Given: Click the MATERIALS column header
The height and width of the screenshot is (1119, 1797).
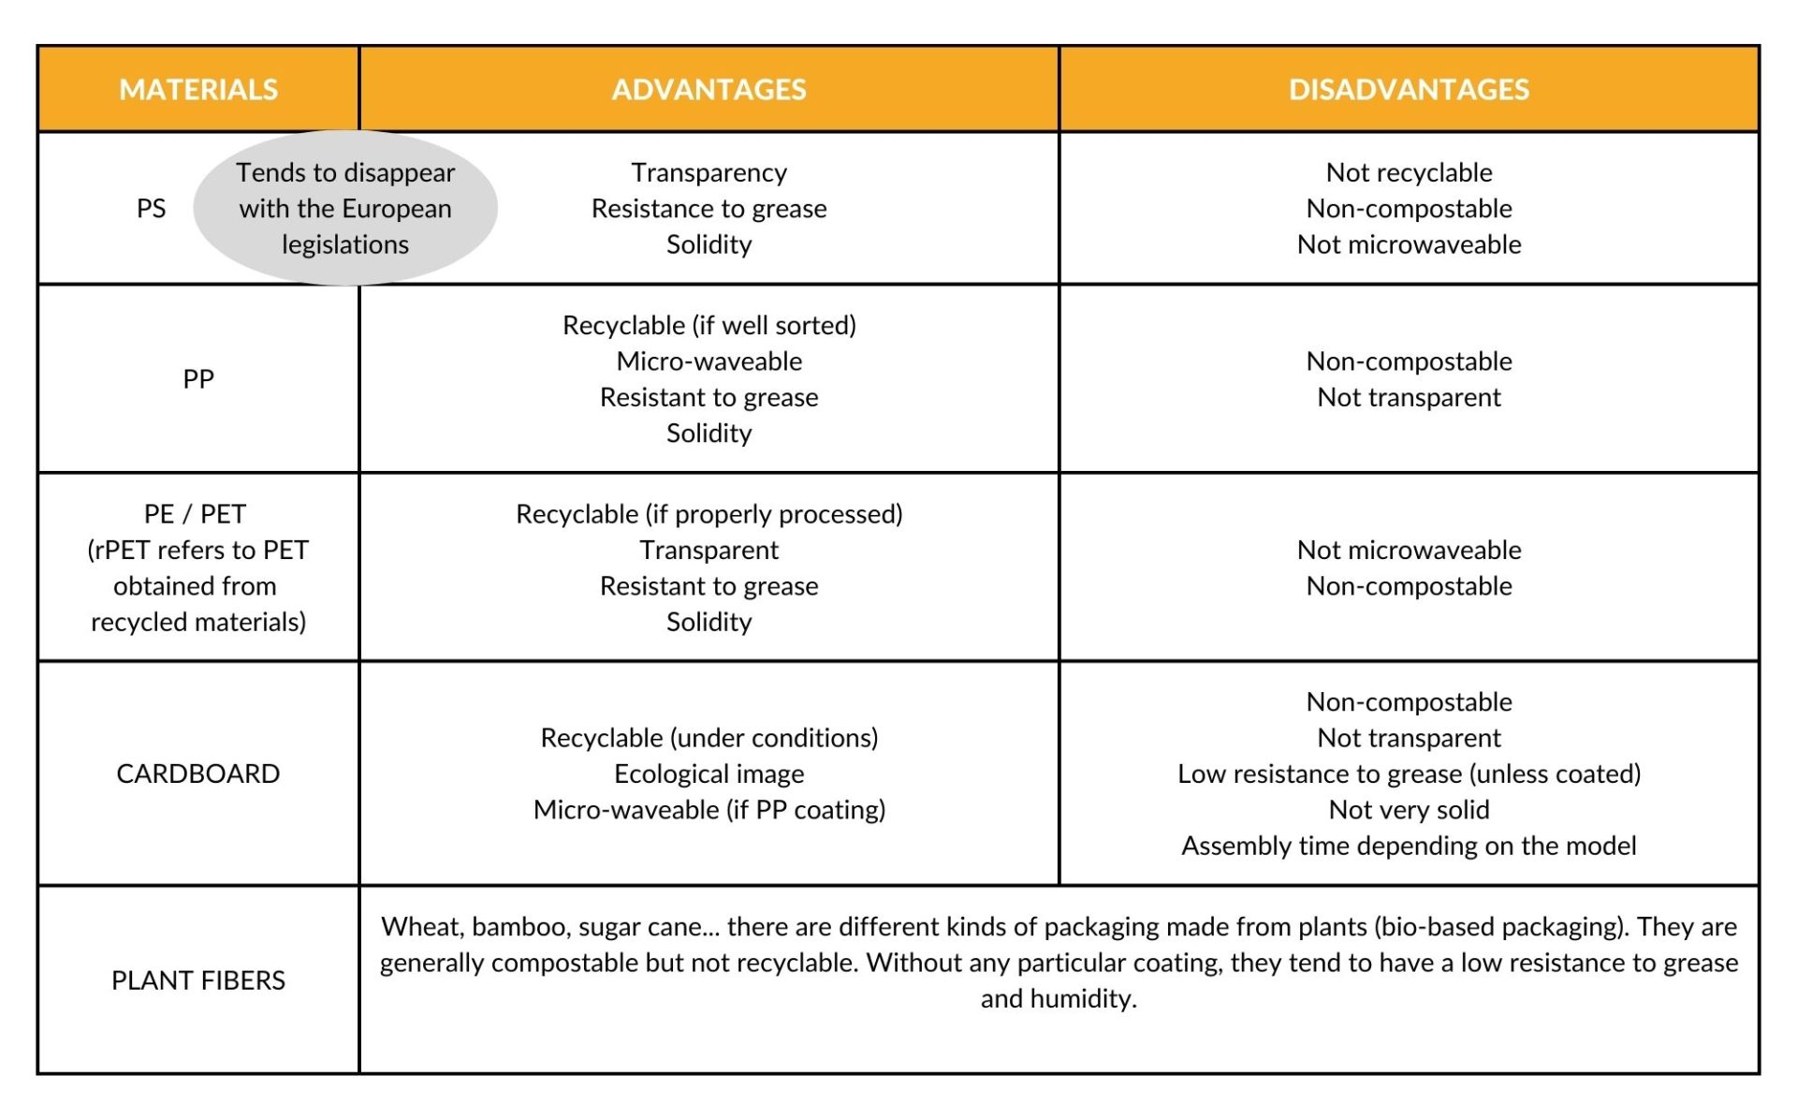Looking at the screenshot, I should click(198, 89).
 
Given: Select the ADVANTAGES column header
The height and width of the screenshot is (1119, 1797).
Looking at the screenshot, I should click(709, 89).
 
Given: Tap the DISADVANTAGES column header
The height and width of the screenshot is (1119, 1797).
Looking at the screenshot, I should click(1409, 89).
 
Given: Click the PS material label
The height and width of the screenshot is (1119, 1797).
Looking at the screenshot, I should click(151, 208).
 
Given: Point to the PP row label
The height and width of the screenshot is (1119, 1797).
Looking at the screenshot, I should click(198, 379).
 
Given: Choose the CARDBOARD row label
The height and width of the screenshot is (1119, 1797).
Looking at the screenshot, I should click(198, 773).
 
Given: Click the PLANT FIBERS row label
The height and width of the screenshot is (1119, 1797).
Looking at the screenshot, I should click(198, 980).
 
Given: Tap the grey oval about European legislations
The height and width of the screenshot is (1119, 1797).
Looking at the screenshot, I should click(345, 208).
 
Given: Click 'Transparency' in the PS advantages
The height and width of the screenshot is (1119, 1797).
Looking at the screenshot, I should click(709, 172).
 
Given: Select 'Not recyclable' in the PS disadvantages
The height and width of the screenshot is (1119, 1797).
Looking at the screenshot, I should click(1409, 172).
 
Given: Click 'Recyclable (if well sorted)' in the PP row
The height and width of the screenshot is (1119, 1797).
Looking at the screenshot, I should click(709, 325).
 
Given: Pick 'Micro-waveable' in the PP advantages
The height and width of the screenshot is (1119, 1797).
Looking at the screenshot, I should click(709, 361).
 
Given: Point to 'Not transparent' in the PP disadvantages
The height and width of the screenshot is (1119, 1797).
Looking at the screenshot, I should click(1409, 397).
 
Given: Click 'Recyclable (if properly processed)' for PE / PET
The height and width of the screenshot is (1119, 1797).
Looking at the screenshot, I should click(709, 514).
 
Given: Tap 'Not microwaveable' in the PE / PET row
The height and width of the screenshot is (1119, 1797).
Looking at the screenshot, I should click(1409, 550).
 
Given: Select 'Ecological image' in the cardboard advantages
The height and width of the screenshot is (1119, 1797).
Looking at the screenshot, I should click(709, 773).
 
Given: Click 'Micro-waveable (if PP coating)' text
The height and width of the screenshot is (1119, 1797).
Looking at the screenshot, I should click(709, 810).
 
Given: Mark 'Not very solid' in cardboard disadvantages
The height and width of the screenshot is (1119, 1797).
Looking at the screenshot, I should click(1409, 810).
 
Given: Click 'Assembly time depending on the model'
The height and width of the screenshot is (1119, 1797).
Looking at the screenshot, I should click(1409, 846).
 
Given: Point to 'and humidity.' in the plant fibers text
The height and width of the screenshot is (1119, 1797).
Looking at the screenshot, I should click(1059, 998).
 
